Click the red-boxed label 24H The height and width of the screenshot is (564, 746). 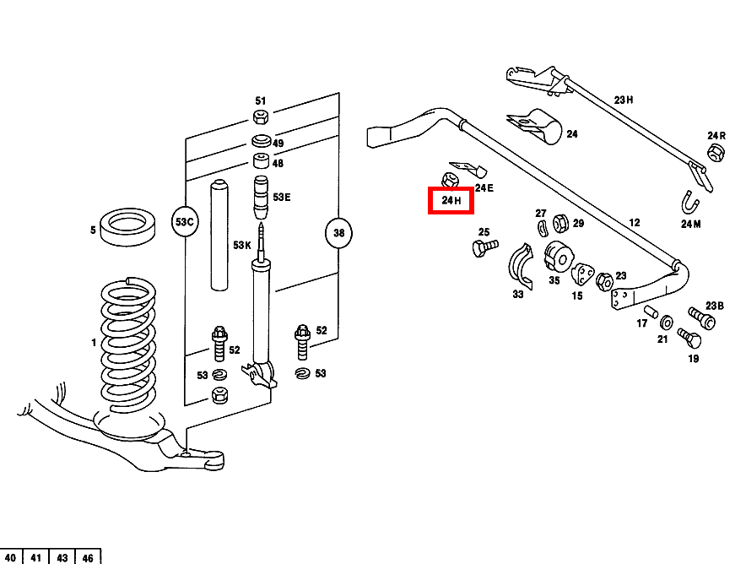tap(451, 200)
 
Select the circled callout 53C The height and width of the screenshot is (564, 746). tap(184, 222)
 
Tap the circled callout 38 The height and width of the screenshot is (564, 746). tap(338, 232)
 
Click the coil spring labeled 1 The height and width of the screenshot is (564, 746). tap(128, 346)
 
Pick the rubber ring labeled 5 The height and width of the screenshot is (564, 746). tap(128, 226)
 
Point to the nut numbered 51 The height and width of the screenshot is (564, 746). tap(261, 117)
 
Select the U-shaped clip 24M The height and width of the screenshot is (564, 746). tap(691, 203)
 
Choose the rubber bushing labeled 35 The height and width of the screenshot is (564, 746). tap(558, 255)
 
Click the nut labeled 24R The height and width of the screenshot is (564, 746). tap(714, 153)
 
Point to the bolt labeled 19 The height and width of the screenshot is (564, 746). tap(689, 339)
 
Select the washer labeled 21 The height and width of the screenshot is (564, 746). tap(666, 322)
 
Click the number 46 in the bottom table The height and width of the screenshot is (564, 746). tap(88, 557)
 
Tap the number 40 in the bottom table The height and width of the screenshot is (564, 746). tap(11, 557)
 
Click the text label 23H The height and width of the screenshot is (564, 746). tap(623, 100)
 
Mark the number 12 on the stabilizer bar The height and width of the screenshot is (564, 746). tap(634, 223)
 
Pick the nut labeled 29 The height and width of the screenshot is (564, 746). tap(559, 224)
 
